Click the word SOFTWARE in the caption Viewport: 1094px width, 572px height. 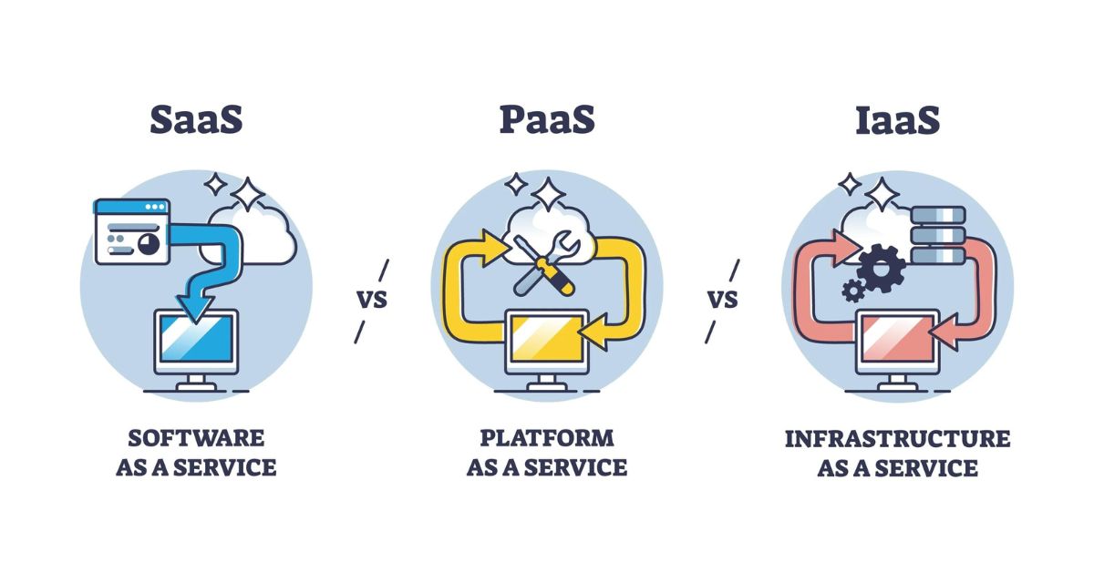click(x=196, y=438)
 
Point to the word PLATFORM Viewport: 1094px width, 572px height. click(x=546, y=438)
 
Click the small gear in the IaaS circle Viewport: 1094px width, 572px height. click(x=853, y=290)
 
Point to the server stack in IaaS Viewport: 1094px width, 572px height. click(x=936, y=235)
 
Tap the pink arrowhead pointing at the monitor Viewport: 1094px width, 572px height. click(x=946, y=327)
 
